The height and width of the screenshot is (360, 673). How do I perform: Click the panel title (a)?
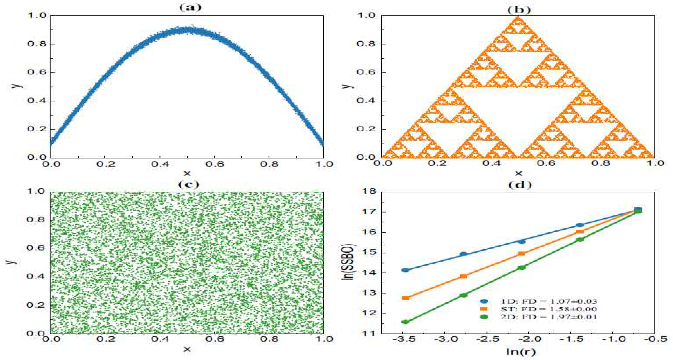pos(190,7)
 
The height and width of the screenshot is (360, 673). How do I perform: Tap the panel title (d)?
pos(520,185)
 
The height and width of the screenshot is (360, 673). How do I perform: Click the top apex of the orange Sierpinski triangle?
pos(518,17)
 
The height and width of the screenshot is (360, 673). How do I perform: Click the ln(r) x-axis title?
pos(520,352)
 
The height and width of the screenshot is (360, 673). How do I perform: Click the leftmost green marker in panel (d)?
pos(405,322)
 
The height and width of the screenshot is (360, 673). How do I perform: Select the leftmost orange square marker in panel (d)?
pos(405,298)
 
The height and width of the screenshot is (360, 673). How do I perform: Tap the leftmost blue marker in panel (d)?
pos(405,270)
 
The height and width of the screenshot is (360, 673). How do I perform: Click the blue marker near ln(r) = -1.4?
pos(580,225)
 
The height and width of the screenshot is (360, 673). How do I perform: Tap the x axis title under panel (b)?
pos(518,173)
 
